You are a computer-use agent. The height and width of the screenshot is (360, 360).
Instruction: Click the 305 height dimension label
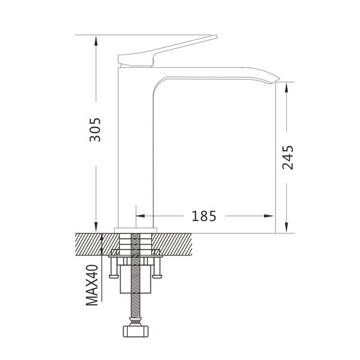(x=95, y=130)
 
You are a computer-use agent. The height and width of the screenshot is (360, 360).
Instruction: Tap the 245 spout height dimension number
(x=287, y=157)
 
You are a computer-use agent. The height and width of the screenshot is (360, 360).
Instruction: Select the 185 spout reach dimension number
(x=204, y=216)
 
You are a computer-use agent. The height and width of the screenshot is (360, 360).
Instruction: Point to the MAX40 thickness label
(x=92, y=285)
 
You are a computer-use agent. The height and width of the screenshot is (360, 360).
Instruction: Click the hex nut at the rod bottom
(x=136, y=331)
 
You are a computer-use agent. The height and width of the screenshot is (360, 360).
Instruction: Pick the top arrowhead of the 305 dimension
(x=96, y=41)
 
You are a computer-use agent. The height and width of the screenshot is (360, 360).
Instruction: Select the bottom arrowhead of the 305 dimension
(x=96, y=227)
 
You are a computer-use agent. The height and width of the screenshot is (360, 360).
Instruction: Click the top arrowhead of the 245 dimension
(x=286, y=88)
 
